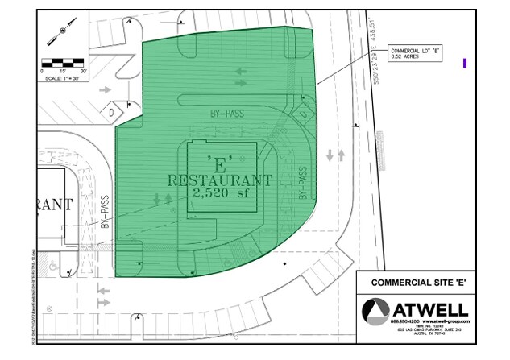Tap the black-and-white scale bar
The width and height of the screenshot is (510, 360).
pos(63,61)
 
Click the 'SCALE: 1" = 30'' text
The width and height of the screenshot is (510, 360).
pos(61,78)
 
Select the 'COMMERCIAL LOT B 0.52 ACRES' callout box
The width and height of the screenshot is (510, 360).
pos(417,52)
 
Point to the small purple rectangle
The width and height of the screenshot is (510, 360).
pos(465,63)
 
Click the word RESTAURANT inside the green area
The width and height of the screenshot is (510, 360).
pos(219,180)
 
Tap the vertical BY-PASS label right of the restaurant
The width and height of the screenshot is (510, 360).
pos(302,183)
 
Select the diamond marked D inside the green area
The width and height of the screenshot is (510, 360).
pos(304,114)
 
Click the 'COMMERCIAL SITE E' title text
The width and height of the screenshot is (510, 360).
pos(425,283)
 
